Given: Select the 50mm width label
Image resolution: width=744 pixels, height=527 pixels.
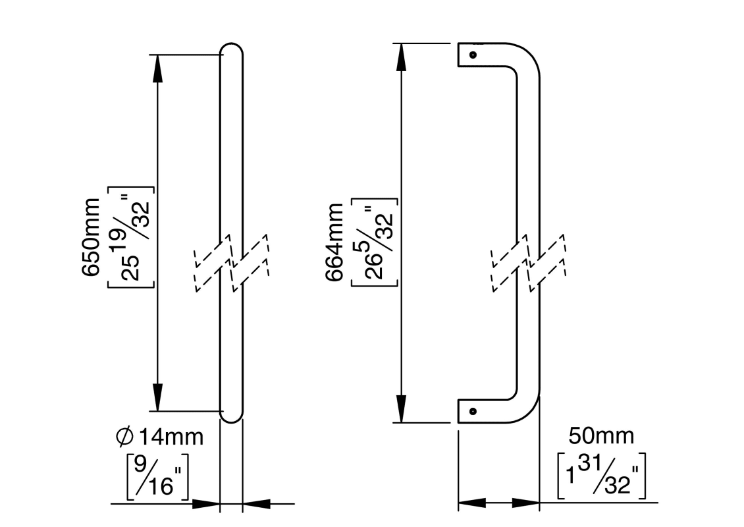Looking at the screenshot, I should point(601,435).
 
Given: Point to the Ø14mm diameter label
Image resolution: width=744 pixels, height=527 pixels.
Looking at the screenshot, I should point(159,436).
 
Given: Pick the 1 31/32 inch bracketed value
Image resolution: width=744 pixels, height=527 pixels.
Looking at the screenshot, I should point(600,474).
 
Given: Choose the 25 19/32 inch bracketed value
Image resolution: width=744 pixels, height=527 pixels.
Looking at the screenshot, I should point(132,238).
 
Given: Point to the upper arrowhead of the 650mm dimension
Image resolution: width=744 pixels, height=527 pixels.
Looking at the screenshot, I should point(157,69).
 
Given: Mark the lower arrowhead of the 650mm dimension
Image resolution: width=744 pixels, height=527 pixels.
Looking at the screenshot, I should point(157,397).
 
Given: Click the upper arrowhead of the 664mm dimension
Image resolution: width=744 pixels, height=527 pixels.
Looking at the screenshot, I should point(401,57).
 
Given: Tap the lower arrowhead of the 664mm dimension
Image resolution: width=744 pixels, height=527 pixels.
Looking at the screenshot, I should point(401,408).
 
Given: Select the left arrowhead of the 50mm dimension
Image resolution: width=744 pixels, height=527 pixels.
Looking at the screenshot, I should point(471,504).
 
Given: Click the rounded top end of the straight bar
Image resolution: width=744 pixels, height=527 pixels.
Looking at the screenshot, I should point(231,49).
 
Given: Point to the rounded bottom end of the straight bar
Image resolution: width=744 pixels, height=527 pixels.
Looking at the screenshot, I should point(231,416).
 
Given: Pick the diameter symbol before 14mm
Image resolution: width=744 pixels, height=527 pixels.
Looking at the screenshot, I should point(124,436).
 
